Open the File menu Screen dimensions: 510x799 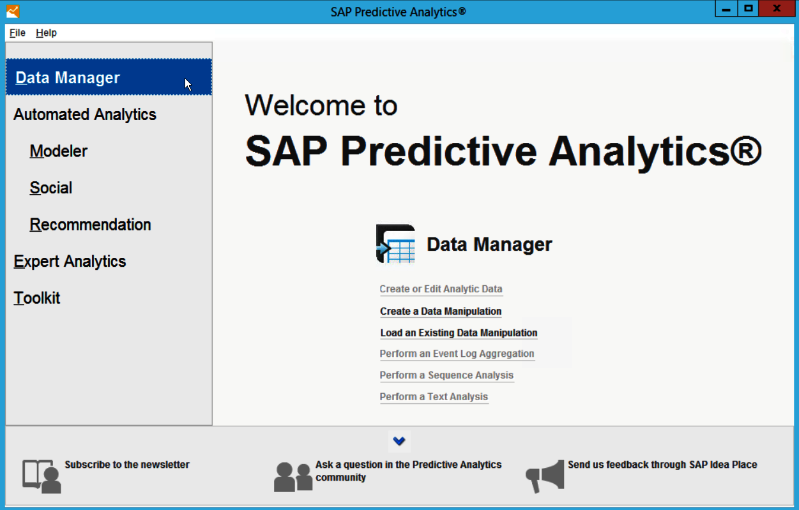(17, 33)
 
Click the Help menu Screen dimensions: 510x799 (46, 33)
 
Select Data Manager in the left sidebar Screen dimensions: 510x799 (68, 78)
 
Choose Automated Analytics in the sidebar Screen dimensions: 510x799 (85, 115)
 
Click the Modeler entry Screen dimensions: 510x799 (58, 151)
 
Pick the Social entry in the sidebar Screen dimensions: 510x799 (51, 188)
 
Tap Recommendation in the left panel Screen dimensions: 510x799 (90, 225)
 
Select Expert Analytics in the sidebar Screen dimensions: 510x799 (70, 262)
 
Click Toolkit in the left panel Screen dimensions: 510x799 (37, 298)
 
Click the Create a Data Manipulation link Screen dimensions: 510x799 (441, 311)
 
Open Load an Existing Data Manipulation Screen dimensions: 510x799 (459, 333)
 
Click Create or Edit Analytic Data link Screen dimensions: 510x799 (441, 289)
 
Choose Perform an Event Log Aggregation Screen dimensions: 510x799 (457, 354)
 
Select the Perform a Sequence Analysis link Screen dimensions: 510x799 (446, 375)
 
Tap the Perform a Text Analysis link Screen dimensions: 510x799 (434, 396)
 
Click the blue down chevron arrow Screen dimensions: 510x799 (399, 441)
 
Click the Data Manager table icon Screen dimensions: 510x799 (396, 244)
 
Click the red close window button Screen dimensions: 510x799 (776, 9)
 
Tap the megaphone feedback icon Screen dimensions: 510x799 (545, 476)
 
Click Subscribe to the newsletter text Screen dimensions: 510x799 (127, 465)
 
